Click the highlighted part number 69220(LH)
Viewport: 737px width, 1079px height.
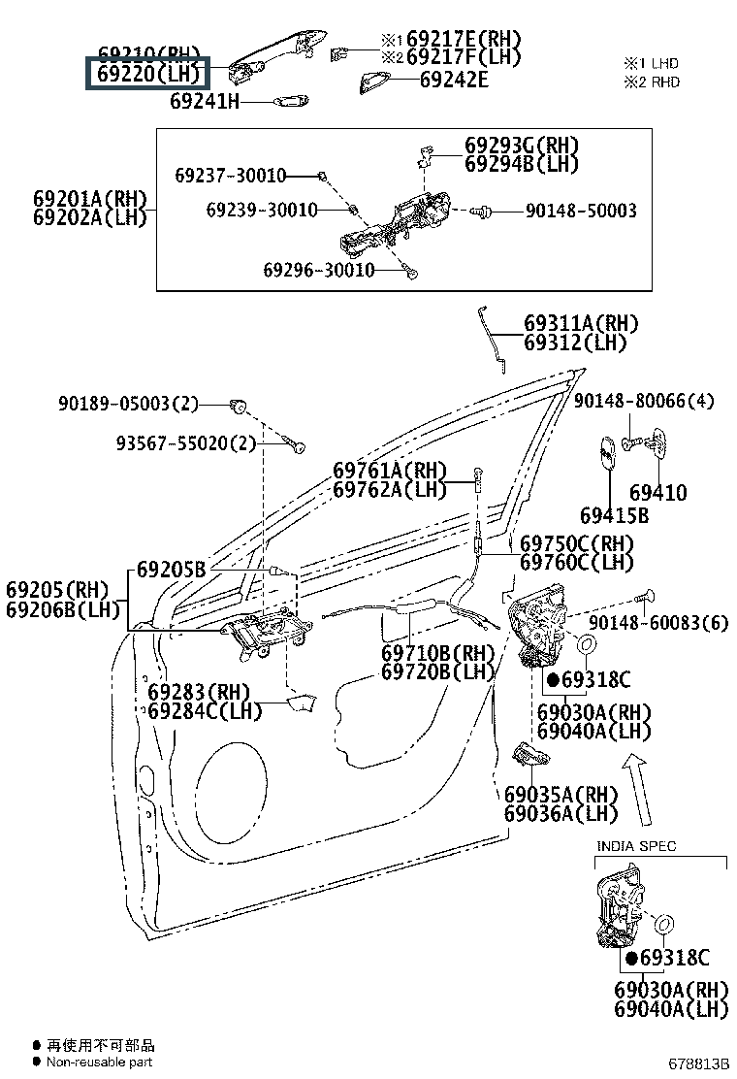click(147, 73)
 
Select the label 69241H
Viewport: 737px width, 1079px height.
click(204, 100)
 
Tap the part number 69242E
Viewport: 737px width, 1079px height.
click(453, 80)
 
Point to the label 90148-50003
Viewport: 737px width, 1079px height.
click(580, 211)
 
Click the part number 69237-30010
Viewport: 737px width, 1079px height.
click(231, 176)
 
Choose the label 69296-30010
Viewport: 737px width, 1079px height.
click(318, 270)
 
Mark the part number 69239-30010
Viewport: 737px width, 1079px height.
click(261, 210)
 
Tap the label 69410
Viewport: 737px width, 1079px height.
click(657, 493)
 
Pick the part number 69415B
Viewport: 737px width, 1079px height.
click(614, 515)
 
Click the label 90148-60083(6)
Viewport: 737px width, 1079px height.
click(657, 623)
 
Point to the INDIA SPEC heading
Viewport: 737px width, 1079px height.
click(635, 846)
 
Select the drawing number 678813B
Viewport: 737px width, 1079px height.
click(696, 1063)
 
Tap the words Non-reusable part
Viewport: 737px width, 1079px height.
click(99, 1063)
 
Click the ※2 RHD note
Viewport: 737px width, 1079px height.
click(652, 82)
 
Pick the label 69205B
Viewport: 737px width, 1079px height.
click(171, 570)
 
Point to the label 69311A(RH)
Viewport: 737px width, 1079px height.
click(582, 323)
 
